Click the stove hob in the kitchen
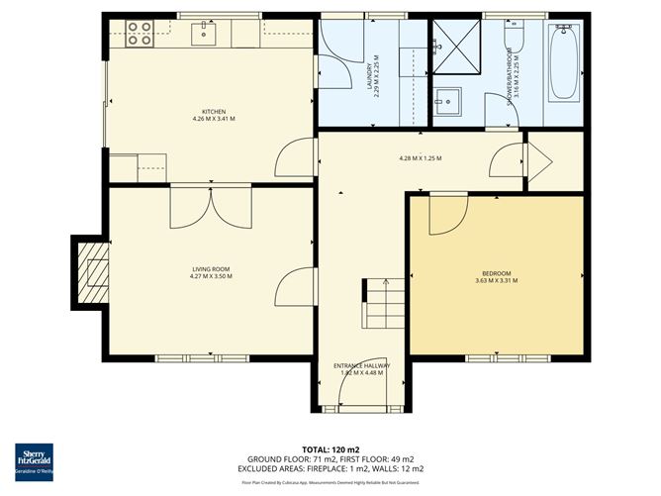tap(140, 34)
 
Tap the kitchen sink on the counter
tap(206, 34)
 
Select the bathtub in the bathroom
tap(564, 63)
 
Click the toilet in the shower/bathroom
tap(512, 37)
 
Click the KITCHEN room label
tap(214, 112)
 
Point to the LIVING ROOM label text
tap(210, 268)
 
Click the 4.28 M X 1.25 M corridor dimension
tap(420, 158)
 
